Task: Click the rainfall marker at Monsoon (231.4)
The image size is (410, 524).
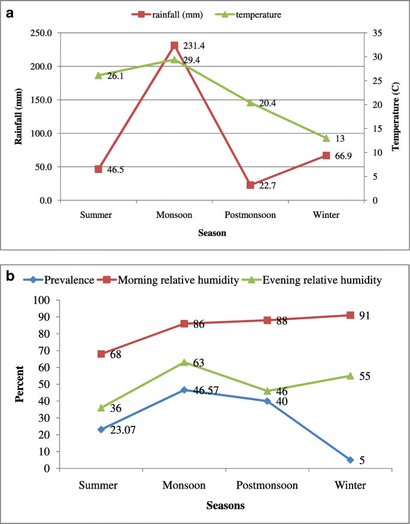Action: pyautogui.click(x=174, y=46)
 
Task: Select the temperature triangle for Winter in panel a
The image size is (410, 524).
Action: pyautogui.click(x=326, y=138)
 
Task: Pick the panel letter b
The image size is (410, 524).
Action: pyautogui.click(x=10, y=276)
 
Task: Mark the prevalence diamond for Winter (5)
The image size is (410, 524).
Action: pyautogui.click(x=350, y=460)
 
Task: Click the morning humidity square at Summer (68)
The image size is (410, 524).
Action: pyautogui.click(x=101, y=354)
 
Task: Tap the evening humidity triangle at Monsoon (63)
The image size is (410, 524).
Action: pyautogui.click(x=184, y=362)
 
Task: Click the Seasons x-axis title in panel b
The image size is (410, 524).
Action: pyautogui.click(x=225, y=505)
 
